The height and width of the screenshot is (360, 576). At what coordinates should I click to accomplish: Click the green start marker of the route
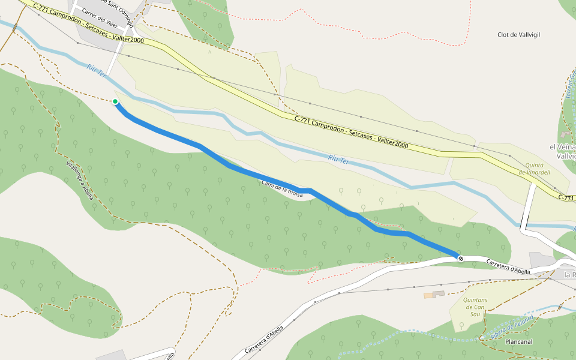(115, 101)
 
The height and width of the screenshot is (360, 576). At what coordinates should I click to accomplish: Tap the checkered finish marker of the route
(460, 259)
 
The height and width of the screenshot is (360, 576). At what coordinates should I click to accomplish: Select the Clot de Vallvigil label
(518, 35)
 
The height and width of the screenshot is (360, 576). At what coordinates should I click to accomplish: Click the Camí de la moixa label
(282, 188)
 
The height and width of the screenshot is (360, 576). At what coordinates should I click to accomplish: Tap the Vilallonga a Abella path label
(80, 182)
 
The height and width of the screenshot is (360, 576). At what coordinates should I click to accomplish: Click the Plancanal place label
(519, 342)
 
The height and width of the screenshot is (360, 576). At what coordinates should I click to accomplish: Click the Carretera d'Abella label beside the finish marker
(508, 267)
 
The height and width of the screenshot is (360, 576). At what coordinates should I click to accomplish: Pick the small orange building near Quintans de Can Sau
(428, 295)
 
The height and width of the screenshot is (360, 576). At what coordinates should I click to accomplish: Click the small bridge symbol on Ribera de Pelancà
(560, 307)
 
